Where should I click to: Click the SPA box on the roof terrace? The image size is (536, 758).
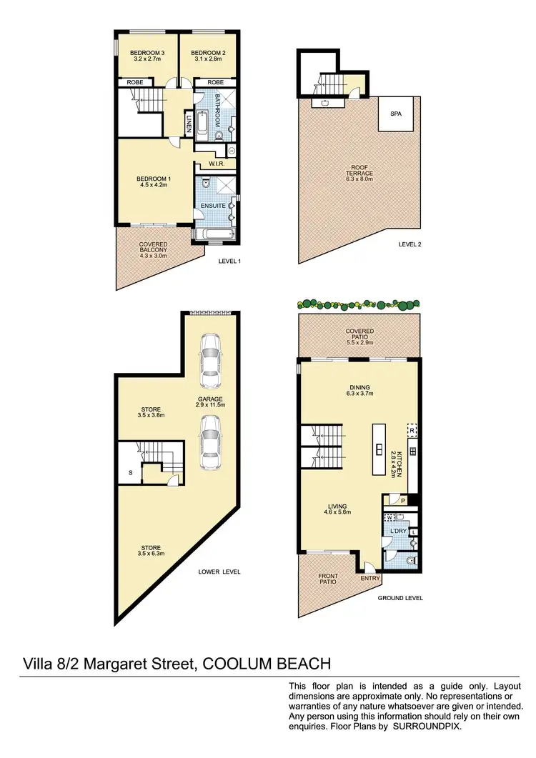click(x=395, y=114)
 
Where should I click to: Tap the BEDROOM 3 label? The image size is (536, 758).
click(x=148, y=53)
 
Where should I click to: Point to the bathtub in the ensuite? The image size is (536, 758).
click(x=214, y=234)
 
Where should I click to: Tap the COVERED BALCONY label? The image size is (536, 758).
click(x=154, y=244)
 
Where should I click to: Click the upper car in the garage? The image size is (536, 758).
click(x=211, y=358)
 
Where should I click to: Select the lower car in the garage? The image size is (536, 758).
click(x=211, y=443)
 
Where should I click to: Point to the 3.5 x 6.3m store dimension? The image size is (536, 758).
click(x=150, y=553)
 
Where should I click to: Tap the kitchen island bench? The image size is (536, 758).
click(x=378, y=449)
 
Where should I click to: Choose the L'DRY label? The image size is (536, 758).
click(x=398, y=532)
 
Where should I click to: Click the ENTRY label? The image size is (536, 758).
click(x=370, y=579)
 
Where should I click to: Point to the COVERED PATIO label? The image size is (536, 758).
click(x=359, y=331)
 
